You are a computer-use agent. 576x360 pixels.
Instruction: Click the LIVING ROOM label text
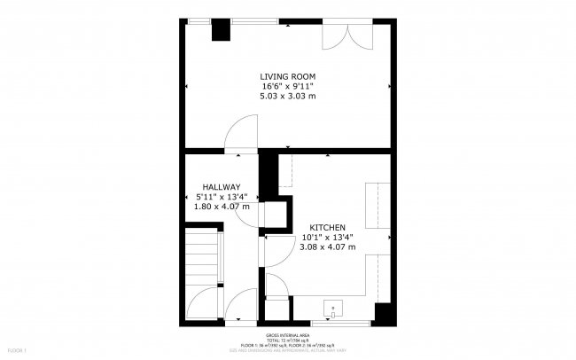pos(287,77)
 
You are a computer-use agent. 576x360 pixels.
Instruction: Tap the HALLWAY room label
pos(221,187)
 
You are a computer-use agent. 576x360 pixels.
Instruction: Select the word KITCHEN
pos(327,227)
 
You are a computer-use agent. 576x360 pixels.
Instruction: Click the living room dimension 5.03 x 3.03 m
pos(287,96)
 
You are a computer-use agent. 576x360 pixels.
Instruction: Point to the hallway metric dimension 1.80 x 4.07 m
pos(221,207)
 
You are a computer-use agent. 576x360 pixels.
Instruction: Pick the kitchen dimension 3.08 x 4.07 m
pos(327,247)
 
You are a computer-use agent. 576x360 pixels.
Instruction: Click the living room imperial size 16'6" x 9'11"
pos(287,87)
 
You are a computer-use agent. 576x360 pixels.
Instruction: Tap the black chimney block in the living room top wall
pos(219,29)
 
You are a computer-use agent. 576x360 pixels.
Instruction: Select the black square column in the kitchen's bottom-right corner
pos(383,313)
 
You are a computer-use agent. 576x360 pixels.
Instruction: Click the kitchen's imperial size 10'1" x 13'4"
pos(327,237)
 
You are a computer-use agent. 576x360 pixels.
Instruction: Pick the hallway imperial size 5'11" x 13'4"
pos(221,197)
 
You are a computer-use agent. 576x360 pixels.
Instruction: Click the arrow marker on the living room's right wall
pos(390,87)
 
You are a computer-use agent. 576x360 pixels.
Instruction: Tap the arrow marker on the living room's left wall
pos(187,87)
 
